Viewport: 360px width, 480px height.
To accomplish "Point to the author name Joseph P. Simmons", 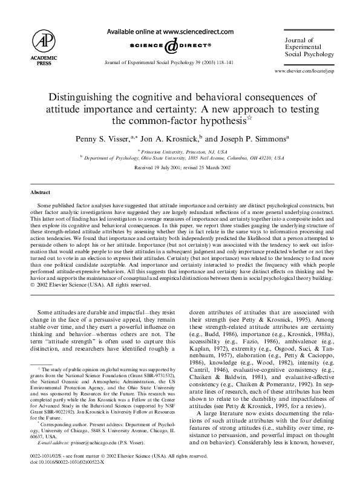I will pyautogui.click(x=242, y=138).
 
